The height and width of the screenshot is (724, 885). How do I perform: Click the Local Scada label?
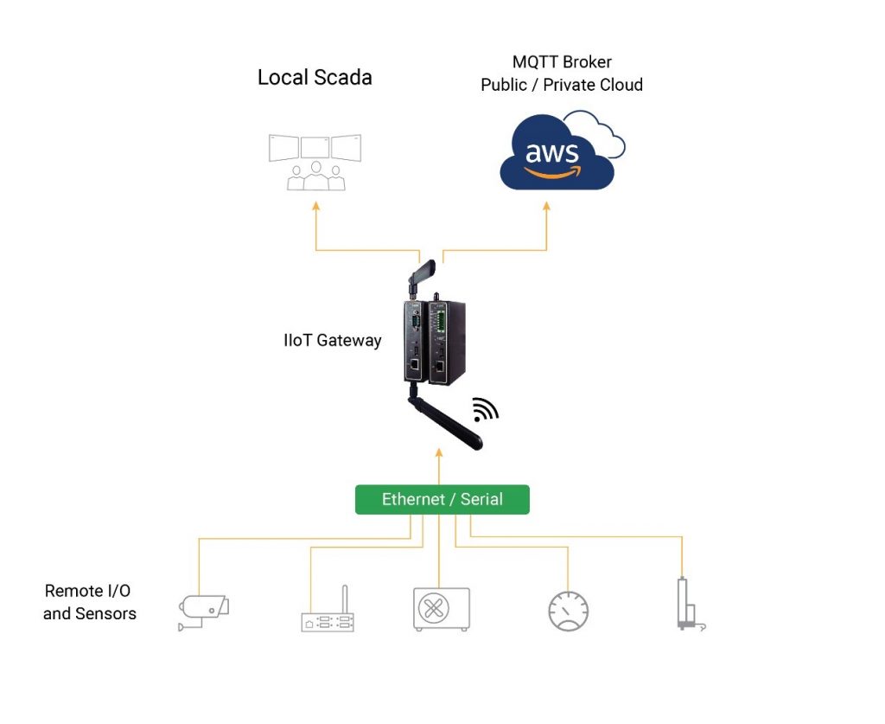pos(315,77)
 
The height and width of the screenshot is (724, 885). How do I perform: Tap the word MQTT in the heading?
pos(538,62)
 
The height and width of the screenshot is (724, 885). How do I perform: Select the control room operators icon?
pos(315,162)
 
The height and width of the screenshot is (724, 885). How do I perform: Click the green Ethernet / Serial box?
pos(442,499)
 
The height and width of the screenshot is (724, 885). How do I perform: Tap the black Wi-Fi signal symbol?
pos(485,408)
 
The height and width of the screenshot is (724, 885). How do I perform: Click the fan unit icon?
pos(441,609)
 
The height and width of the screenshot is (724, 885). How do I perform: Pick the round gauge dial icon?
pos(569,611)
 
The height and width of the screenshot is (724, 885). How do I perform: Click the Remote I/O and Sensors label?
pos(89,602)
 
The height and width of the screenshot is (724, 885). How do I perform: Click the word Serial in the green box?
pos(481,499)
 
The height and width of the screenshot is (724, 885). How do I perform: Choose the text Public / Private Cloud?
pos(562,85)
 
